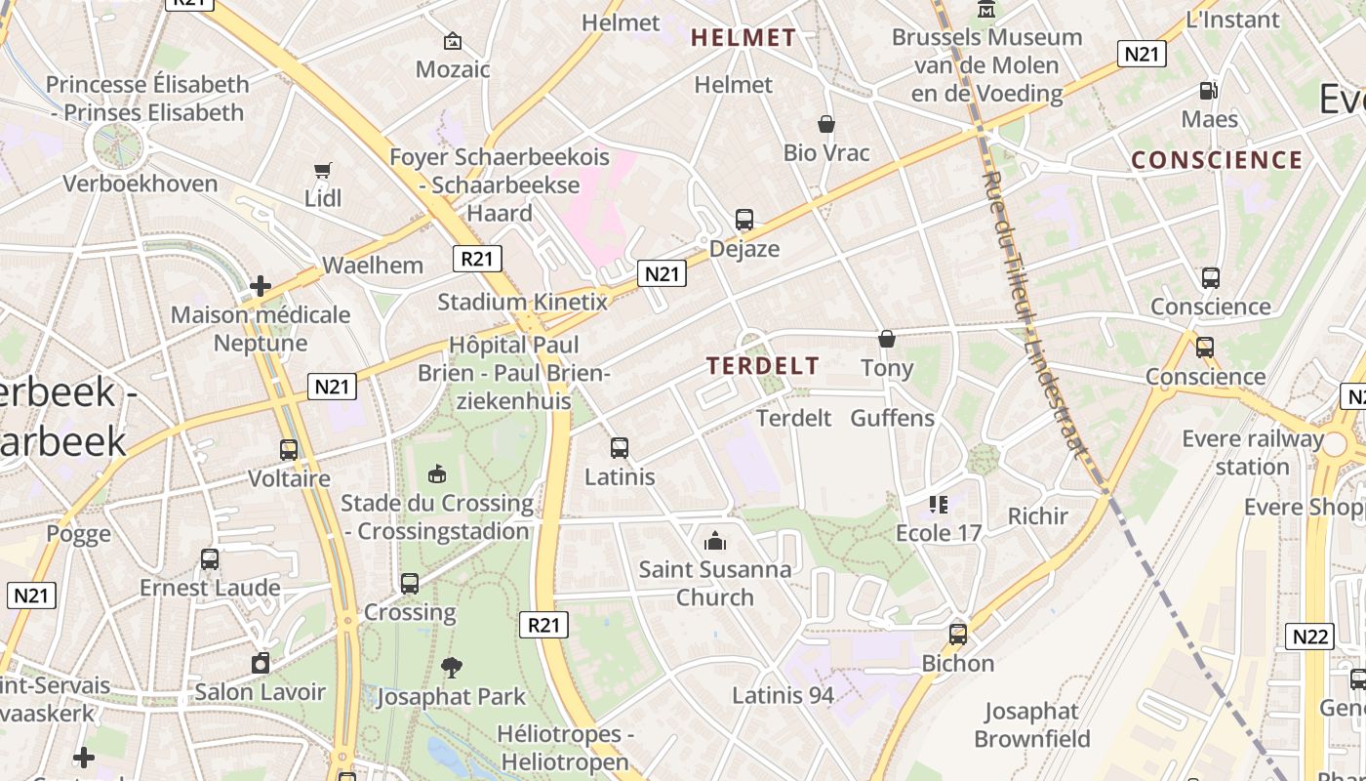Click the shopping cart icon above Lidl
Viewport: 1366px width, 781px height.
(323, 170)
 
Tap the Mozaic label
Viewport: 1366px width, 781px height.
(453, 69)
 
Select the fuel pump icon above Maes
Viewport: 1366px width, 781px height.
(1209, 91)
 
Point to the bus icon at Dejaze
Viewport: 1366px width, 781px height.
(744, 220)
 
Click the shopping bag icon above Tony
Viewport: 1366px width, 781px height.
(887, 339)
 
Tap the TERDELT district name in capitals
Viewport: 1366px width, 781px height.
(763, 366)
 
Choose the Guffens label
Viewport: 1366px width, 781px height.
(892, 418)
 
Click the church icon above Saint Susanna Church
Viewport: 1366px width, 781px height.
(715, 540)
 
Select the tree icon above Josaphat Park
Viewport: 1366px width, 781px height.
(451, 668)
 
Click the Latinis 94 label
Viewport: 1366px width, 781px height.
(783, 696)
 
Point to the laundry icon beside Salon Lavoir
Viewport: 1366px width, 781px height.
(261, 663)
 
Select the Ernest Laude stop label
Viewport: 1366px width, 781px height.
(210, 588)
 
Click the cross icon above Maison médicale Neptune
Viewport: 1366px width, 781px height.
(261, 286)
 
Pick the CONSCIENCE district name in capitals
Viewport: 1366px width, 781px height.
(1217, 160)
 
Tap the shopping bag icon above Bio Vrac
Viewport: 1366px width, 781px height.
(826, 124)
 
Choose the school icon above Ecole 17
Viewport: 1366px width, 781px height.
(939, 504)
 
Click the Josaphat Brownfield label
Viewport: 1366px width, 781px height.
(1031, 724)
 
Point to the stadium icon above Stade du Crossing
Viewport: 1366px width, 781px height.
(437, 473)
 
